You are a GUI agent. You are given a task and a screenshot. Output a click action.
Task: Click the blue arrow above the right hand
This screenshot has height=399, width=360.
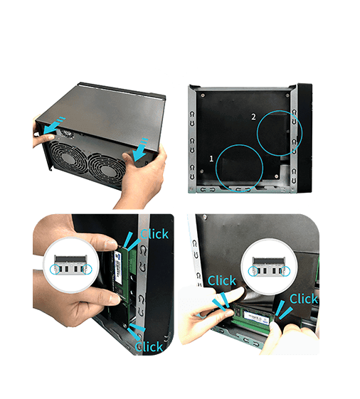coord(141,150)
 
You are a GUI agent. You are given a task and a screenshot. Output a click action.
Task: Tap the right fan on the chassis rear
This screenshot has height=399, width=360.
coord(107,170)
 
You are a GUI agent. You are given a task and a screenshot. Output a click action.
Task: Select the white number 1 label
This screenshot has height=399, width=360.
coord(211,159)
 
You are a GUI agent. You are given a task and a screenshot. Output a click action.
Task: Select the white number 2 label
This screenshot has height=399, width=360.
coord(253,117)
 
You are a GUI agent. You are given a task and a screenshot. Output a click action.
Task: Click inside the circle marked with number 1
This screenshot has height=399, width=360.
coord(239,168)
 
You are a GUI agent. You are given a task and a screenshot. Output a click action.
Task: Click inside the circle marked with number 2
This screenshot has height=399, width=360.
coord(280,133)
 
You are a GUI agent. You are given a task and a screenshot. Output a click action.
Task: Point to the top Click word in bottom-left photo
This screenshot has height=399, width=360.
coord(154,234)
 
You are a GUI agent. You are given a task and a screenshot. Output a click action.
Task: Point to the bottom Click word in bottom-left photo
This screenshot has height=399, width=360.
coord(149,346)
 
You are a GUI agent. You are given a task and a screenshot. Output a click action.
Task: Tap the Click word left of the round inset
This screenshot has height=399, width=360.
coord(222,280)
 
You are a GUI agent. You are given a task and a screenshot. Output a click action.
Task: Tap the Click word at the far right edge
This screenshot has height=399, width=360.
coord(304,299)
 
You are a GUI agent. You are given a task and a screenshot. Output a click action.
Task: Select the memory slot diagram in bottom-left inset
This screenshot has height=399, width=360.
coord(70,265)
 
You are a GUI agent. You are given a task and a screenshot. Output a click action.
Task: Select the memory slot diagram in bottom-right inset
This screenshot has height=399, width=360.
coord(269,267)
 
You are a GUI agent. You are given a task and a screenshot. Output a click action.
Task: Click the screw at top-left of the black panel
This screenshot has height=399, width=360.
coord(203,95)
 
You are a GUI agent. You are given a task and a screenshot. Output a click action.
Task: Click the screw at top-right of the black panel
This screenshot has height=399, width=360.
coord(287,95)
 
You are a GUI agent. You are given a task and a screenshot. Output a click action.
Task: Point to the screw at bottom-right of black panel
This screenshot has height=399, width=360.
coord(277,176)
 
